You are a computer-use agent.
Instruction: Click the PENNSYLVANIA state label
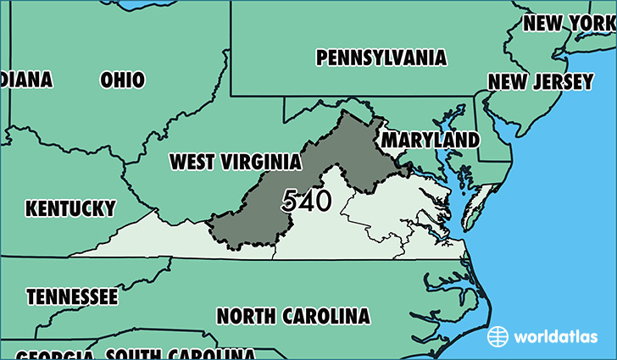tap(381, 58)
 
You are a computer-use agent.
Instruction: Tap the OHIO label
tap(123, 80)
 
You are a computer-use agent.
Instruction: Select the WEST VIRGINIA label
tap(235, 161)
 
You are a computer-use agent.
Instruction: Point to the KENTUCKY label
tap(70, 208)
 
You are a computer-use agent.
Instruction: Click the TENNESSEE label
tap(72, 297)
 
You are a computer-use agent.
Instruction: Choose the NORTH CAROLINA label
tap(293, 316)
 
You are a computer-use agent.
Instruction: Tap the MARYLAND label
tap(430, 139)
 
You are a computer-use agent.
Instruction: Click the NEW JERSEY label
tap(540, 81)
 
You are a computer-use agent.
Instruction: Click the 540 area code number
tap(307, 201)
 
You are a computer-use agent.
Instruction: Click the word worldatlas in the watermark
tap(550, 336)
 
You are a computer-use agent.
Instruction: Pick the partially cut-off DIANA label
tap(25, 80)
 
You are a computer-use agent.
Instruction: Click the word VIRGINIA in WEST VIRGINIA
tap(263, 161)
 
